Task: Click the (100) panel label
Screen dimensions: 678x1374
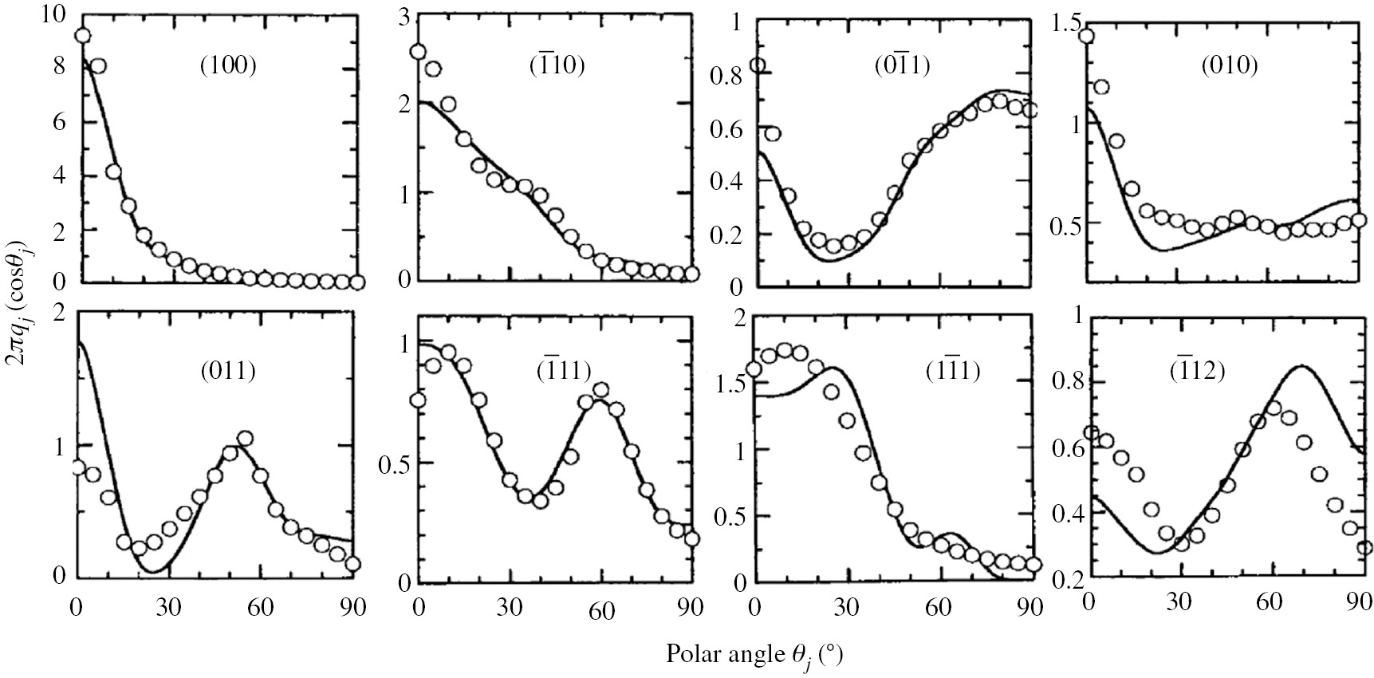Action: (x=227, y=66)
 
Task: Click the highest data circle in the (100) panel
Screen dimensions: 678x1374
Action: (x=81, y=36)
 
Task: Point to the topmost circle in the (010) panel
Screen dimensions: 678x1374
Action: (x=1086, y=36)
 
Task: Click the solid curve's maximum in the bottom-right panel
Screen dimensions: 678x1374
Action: (x=1301, y=366)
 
